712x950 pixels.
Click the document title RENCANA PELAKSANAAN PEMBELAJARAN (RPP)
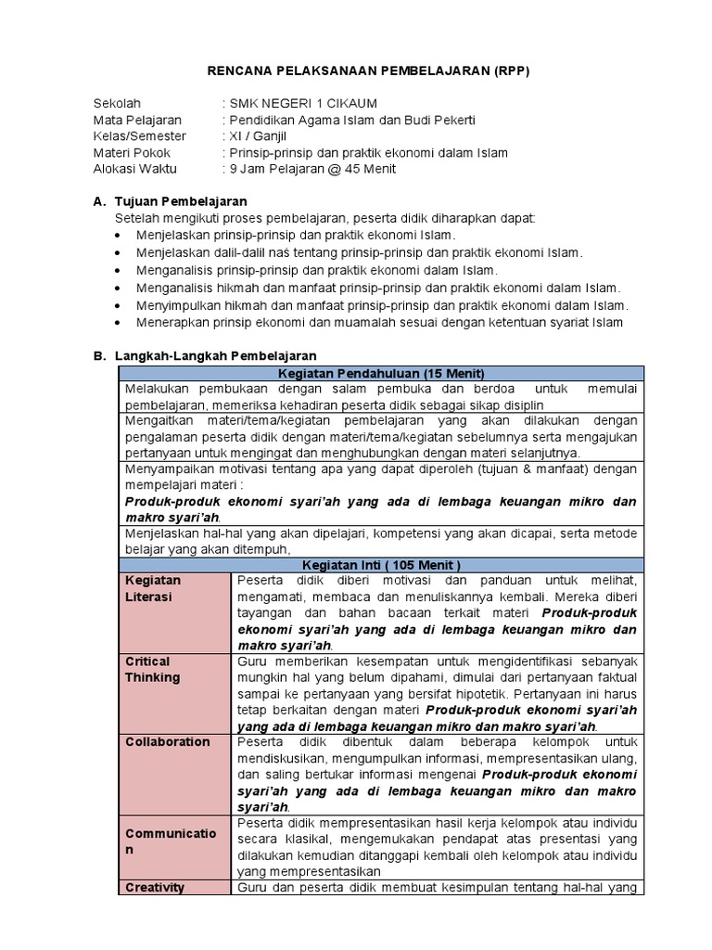pos(366,72)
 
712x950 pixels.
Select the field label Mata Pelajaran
pos(138,120)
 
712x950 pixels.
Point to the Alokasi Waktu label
pos(135,169)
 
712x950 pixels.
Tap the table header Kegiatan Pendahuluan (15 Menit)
pos(380,372)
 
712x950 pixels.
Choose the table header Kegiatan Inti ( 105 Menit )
pos(380,564)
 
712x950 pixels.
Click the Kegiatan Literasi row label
pos(153,588)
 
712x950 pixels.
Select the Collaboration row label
pos(168,741)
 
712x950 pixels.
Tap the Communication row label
pos(172,841)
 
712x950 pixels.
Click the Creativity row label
pos(155,887)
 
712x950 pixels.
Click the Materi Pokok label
pos(133,153)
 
